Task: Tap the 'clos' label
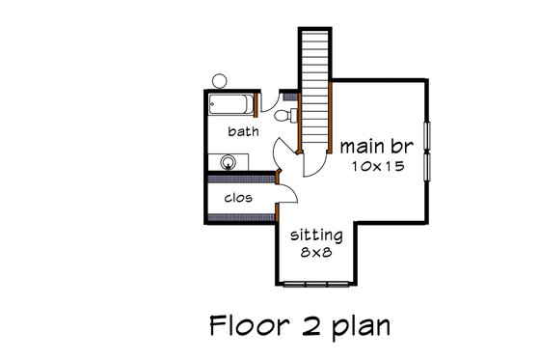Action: click(x=238, y=199)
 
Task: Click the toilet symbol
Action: click(x=282, y=117)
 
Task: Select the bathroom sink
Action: click(x=229, y=162)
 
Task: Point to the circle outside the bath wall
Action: click(x=219, y=80)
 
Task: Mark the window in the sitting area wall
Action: click(x=317, y=283)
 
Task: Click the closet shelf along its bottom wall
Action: click(x=241, y=216)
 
